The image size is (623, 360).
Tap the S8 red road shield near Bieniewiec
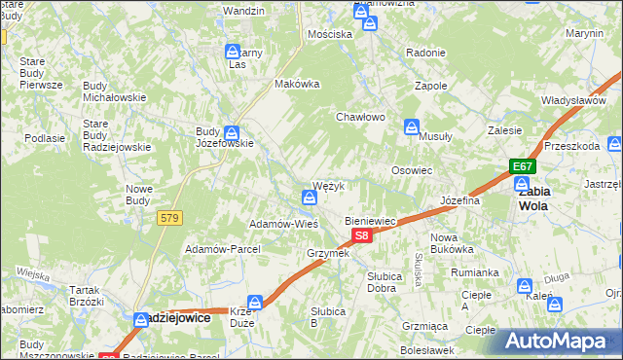click(361, 235)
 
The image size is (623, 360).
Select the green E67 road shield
click(523, 167)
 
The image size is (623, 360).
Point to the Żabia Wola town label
click(533, 198)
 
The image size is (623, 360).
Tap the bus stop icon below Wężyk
click(309, 198)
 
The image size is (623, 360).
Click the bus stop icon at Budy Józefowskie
click(231, 133)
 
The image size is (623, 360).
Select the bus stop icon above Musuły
click(413, 126)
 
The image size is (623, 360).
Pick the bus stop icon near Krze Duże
click(255, 303)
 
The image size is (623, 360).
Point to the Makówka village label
click(298, 84)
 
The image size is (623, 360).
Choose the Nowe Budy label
click(139, 195)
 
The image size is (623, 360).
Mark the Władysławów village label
click(574, 100)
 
